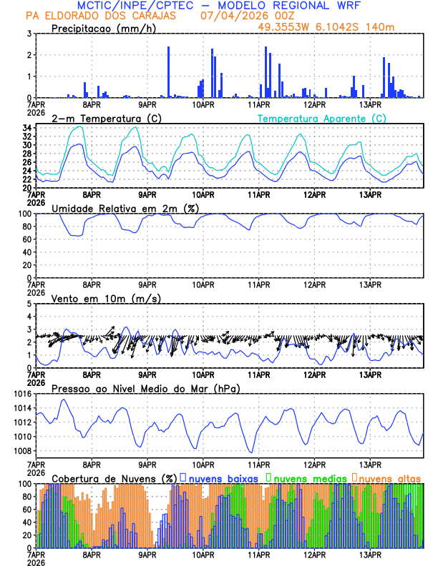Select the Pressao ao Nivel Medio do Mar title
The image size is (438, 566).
[145, 388]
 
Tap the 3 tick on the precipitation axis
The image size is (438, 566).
[29, 34]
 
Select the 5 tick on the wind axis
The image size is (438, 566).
[29, 304]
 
